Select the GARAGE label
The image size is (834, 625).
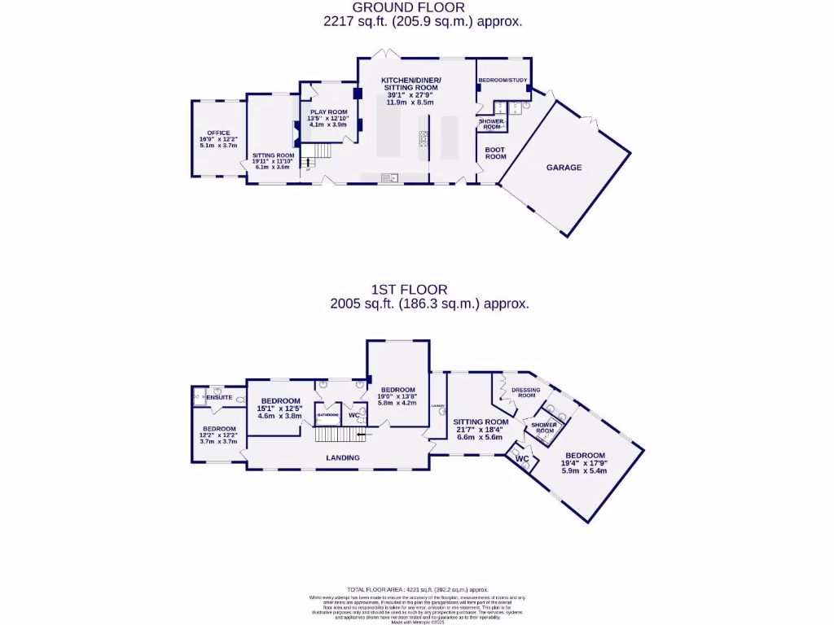[x=564, y=168]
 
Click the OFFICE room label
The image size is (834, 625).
[x=218, y=133]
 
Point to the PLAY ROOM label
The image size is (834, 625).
[x=328, y=112]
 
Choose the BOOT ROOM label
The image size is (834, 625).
[x=496, y=153]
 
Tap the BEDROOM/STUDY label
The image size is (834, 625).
[x=503, y=81]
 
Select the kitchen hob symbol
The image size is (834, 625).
[x=424, y=139]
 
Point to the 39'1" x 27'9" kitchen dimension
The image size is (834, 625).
[x=411, y=94]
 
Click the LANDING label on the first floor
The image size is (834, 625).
[x=343, y=458]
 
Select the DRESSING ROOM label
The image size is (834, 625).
[x=525, y=393]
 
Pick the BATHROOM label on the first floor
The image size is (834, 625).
[x=328, y=415]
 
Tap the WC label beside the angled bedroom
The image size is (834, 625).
[x=523, y=459]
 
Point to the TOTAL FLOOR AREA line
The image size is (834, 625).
[x=417, y=588]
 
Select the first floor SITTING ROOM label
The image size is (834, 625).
[x=481, y=422]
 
